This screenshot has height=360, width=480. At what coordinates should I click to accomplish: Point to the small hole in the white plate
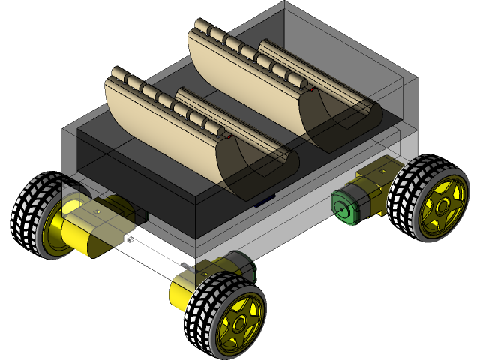click(130, 240)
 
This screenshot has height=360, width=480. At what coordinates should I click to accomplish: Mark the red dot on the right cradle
click(312, 91)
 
